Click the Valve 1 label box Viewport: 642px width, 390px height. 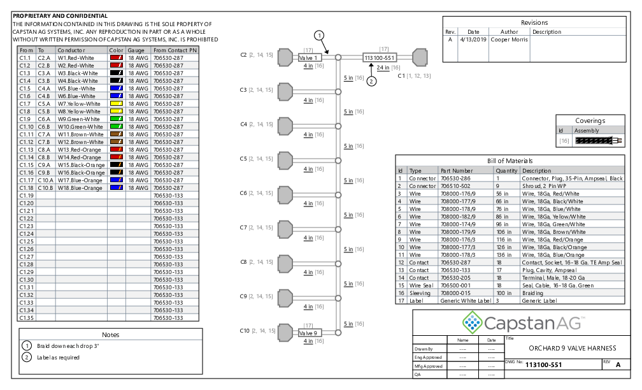point(310,57)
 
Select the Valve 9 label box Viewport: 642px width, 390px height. point(310,333)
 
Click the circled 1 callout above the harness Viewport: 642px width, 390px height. point(319,36)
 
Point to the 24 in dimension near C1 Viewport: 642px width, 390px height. point(383,67)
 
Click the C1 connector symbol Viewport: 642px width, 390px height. point(420,57)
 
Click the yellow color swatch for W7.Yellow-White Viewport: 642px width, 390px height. point(116,104)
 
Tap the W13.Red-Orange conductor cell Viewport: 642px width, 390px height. point(80,150)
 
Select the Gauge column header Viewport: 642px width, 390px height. point(136,50)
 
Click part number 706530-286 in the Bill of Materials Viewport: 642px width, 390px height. point(455,178)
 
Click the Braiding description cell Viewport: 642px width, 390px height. point(534,293)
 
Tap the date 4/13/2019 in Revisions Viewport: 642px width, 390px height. point(473,40)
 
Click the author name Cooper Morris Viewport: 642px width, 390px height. point(509,40)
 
